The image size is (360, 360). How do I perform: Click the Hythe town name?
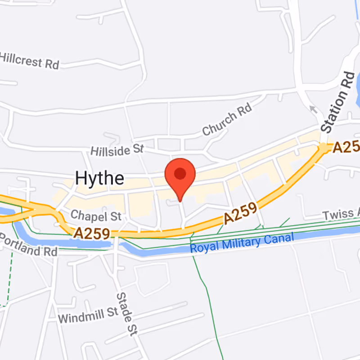99,178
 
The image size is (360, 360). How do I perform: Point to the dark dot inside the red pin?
180,174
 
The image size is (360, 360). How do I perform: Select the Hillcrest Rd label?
29,60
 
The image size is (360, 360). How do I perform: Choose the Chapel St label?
96,216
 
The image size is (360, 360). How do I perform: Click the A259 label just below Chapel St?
92,233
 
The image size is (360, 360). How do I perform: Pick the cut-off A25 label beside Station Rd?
346,147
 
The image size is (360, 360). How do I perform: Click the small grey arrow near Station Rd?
313,109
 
